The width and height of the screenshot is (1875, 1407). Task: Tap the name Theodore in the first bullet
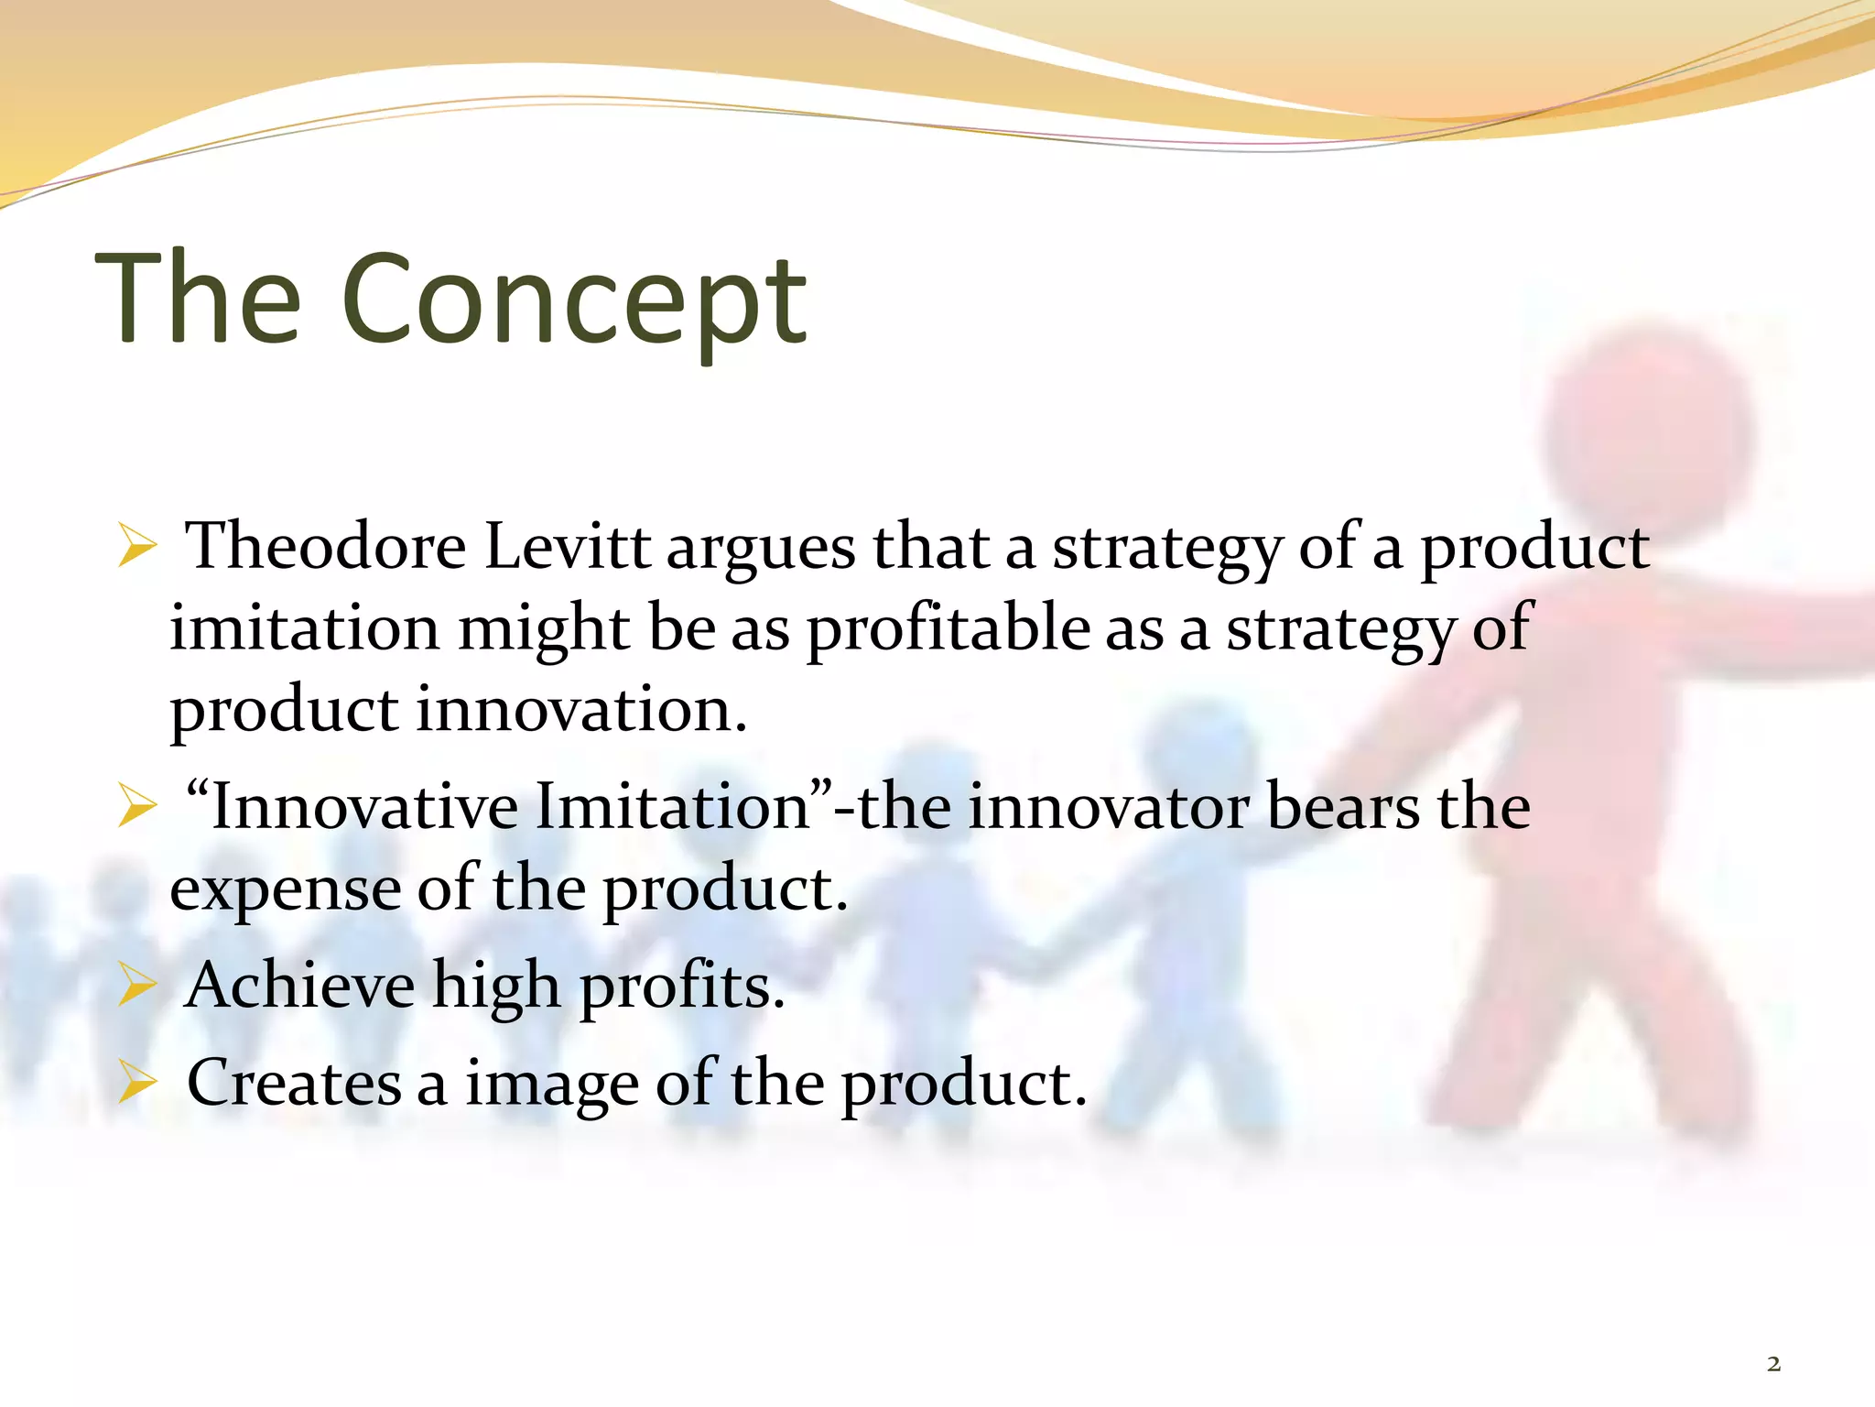[325, 547]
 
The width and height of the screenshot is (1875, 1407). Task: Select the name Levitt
[567, 547]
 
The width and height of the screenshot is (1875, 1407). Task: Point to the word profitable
[948, 630]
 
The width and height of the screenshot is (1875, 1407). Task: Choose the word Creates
[294, 1084]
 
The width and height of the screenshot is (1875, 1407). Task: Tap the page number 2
[1773, 1364]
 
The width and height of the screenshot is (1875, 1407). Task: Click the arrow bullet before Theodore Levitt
[137, 550]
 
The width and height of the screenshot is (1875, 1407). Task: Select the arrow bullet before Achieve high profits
[137, 988]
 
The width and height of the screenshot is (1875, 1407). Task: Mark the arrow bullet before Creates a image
[137, 1085]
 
